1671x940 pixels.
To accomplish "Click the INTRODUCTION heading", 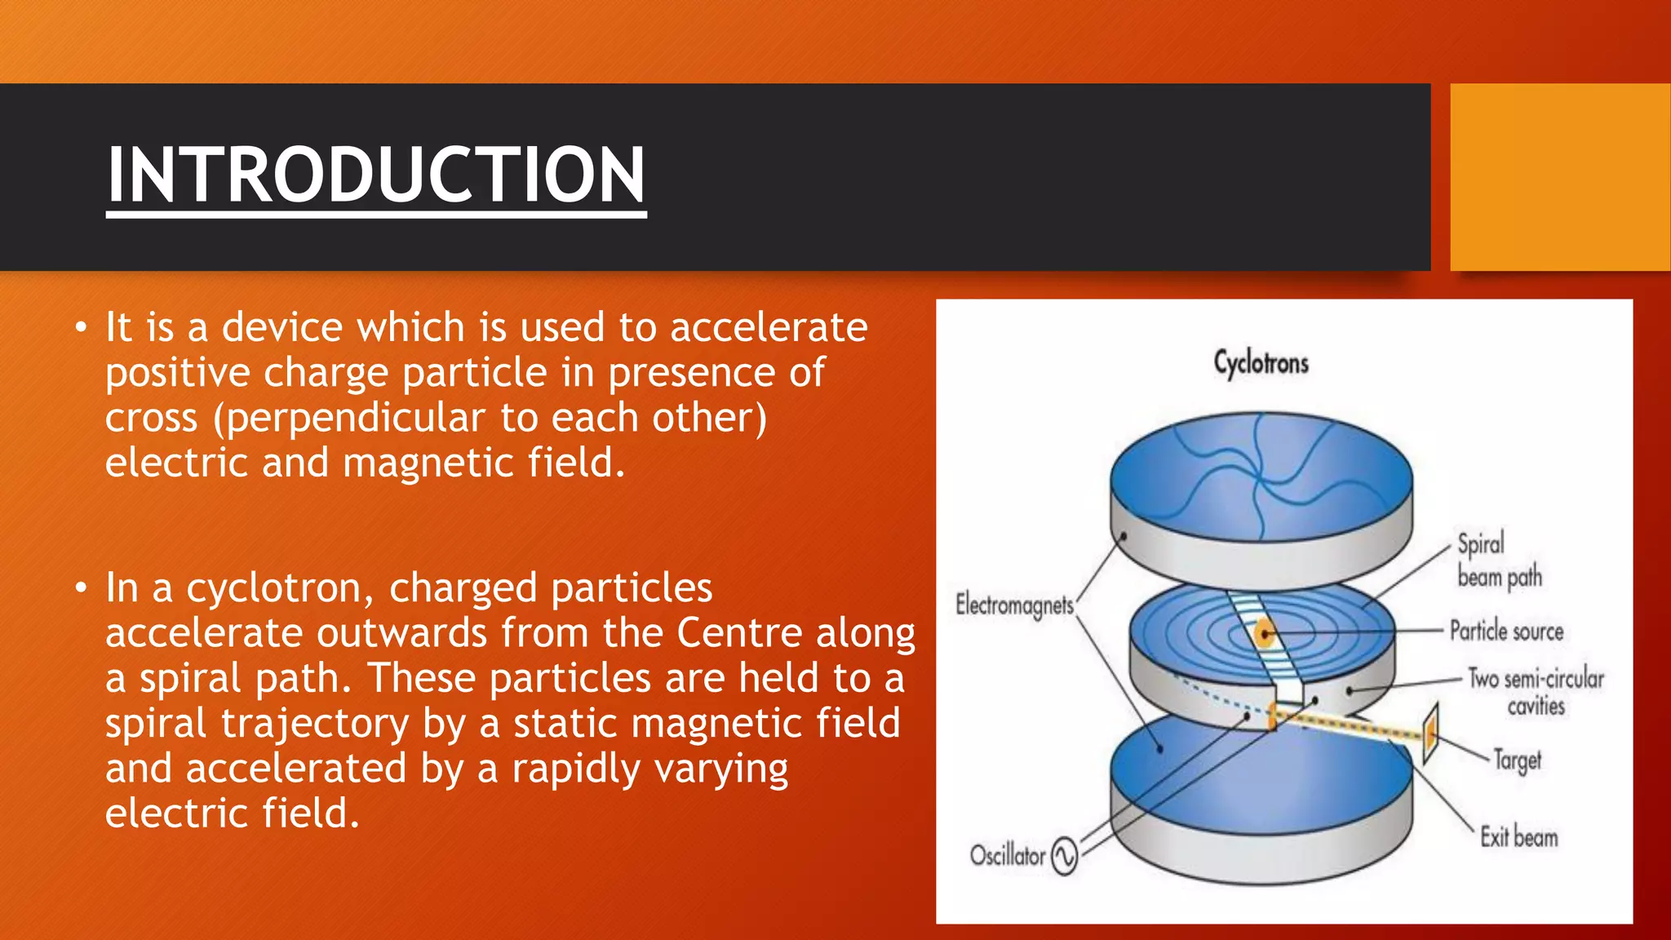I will (x=376, y=175).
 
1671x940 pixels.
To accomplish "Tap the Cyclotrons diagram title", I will (x=1261, y=363).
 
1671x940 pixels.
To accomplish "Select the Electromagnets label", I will (x=1014, y=605).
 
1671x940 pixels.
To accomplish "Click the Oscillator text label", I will (x=1007, y=855).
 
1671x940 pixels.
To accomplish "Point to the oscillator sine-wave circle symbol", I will (x=1064, y=857).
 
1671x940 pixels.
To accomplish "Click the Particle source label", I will (x=1506, y=631).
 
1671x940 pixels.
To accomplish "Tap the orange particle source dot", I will (x=1264, y=632).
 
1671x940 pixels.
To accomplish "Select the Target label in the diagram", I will (x=1518, y=760).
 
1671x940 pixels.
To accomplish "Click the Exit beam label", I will (x=1518, y=837).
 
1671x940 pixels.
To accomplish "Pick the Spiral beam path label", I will (x=1498, y=561).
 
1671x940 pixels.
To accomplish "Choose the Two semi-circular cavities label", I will (x=1536, y=691).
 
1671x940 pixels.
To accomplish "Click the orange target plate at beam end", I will (x=1430, y=733).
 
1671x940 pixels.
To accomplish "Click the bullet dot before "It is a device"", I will (x=80, y=328).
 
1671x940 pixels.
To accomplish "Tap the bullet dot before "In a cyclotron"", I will (x=80, y=588).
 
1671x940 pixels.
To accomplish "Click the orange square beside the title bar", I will (x=1559, y=176).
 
